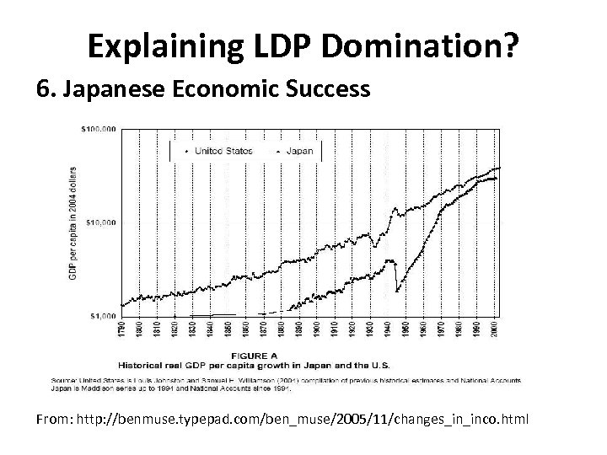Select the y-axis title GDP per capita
click(73, 222)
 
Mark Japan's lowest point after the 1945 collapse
click(396, 292)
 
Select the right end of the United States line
click(499, 168)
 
